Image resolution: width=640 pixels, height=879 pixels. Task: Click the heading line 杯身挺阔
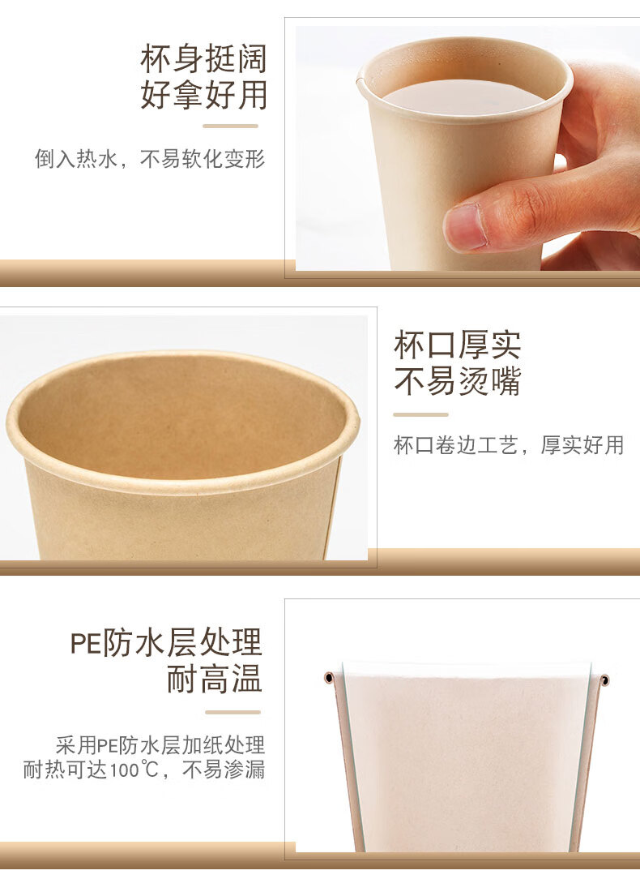tap(203, 59)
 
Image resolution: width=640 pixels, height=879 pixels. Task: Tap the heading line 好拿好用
tap(203, 95)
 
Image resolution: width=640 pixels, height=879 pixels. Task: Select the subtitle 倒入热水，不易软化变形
tap(150, 159)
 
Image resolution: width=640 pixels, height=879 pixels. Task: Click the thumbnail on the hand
tap(465, 226)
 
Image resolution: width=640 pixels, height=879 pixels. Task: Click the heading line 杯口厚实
tap(458, 345)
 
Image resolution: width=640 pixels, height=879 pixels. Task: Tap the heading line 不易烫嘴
tap(458, 381)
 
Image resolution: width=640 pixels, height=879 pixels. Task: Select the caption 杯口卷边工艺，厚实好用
tap(509, 445)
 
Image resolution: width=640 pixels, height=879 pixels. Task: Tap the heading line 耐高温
tap(215, 679)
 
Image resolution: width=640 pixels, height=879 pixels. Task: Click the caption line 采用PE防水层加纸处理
tap(160, 745)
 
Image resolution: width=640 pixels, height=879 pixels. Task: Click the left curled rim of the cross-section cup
tap(329, 678)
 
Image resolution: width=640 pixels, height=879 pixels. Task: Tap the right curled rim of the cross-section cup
tap(604, 680)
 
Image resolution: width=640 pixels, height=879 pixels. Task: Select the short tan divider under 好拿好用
tap(230, 126)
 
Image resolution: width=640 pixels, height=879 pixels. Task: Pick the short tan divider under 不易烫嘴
tap(421, 415)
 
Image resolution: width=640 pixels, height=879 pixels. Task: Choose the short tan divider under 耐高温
tap(233, 713)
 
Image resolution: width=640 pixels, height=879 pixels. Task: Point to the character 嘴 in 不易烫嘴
tap(505, 381)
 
